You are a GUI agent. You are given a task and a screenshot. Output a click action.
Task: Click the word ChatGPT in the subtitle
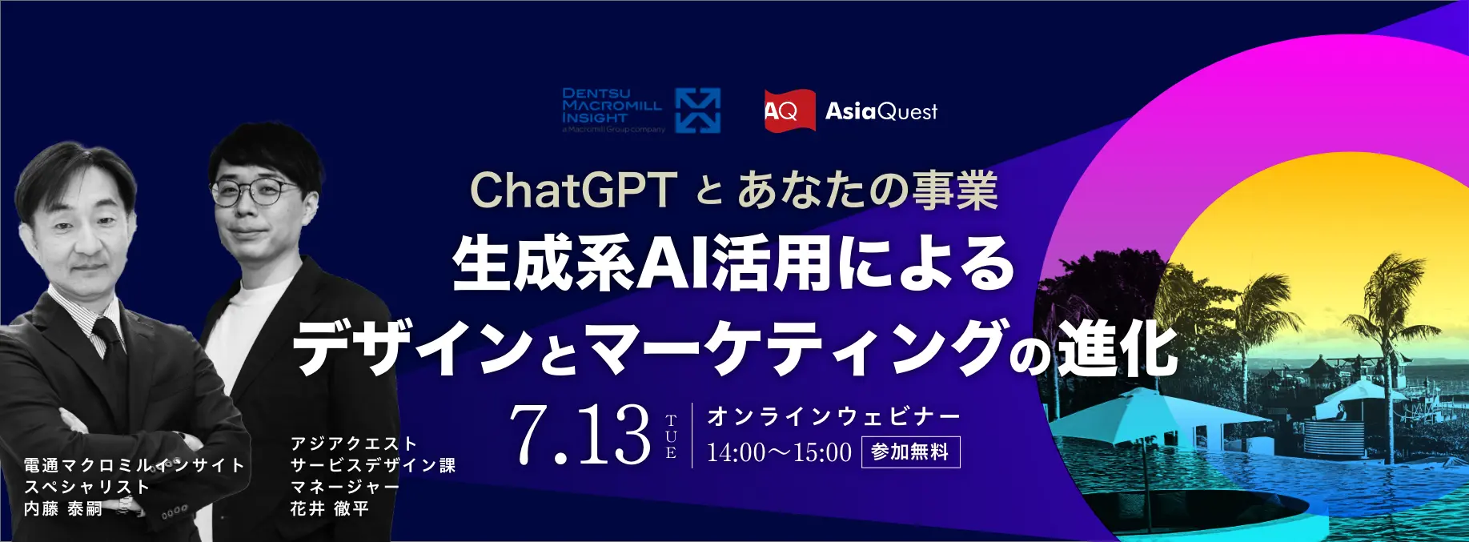573,190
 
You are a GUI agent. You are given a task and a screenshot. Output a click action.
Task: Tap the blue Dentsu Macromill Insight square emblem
698,110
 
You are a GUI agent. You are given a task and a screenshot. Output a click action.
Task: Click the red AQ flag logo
790,110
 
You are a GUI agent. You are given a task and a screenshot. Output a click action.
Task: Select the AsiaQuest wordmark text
881,110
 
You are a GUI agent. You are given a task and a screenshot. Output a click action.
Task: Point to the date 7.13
580,434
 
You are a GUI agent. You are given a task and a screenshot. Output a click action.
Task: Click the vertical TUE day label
671,436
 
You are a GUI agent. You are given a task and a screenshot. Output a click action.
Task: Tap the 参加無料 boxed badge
910,452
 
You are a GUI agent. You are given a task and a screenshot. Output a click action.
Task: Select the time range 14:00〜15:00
779,452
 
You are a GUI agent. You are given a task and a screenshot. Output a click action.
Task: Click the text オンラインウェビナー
833,416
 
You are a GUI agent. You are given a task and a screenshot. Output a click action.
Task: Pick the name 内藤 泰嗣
63,508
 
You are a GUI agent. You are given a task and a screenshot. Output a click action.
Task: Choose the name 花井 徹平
329,508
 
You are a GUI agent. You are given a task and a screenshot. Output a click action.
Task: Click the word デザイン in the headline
412,348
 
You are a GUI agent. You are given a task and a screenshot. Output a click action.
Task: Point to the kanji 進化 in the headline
1118,348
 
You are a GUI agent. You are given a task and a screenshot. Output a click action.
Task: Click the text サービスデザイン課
373,465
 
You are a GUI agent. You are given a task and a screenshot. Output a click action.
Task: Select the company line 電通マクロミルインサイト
134,465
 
